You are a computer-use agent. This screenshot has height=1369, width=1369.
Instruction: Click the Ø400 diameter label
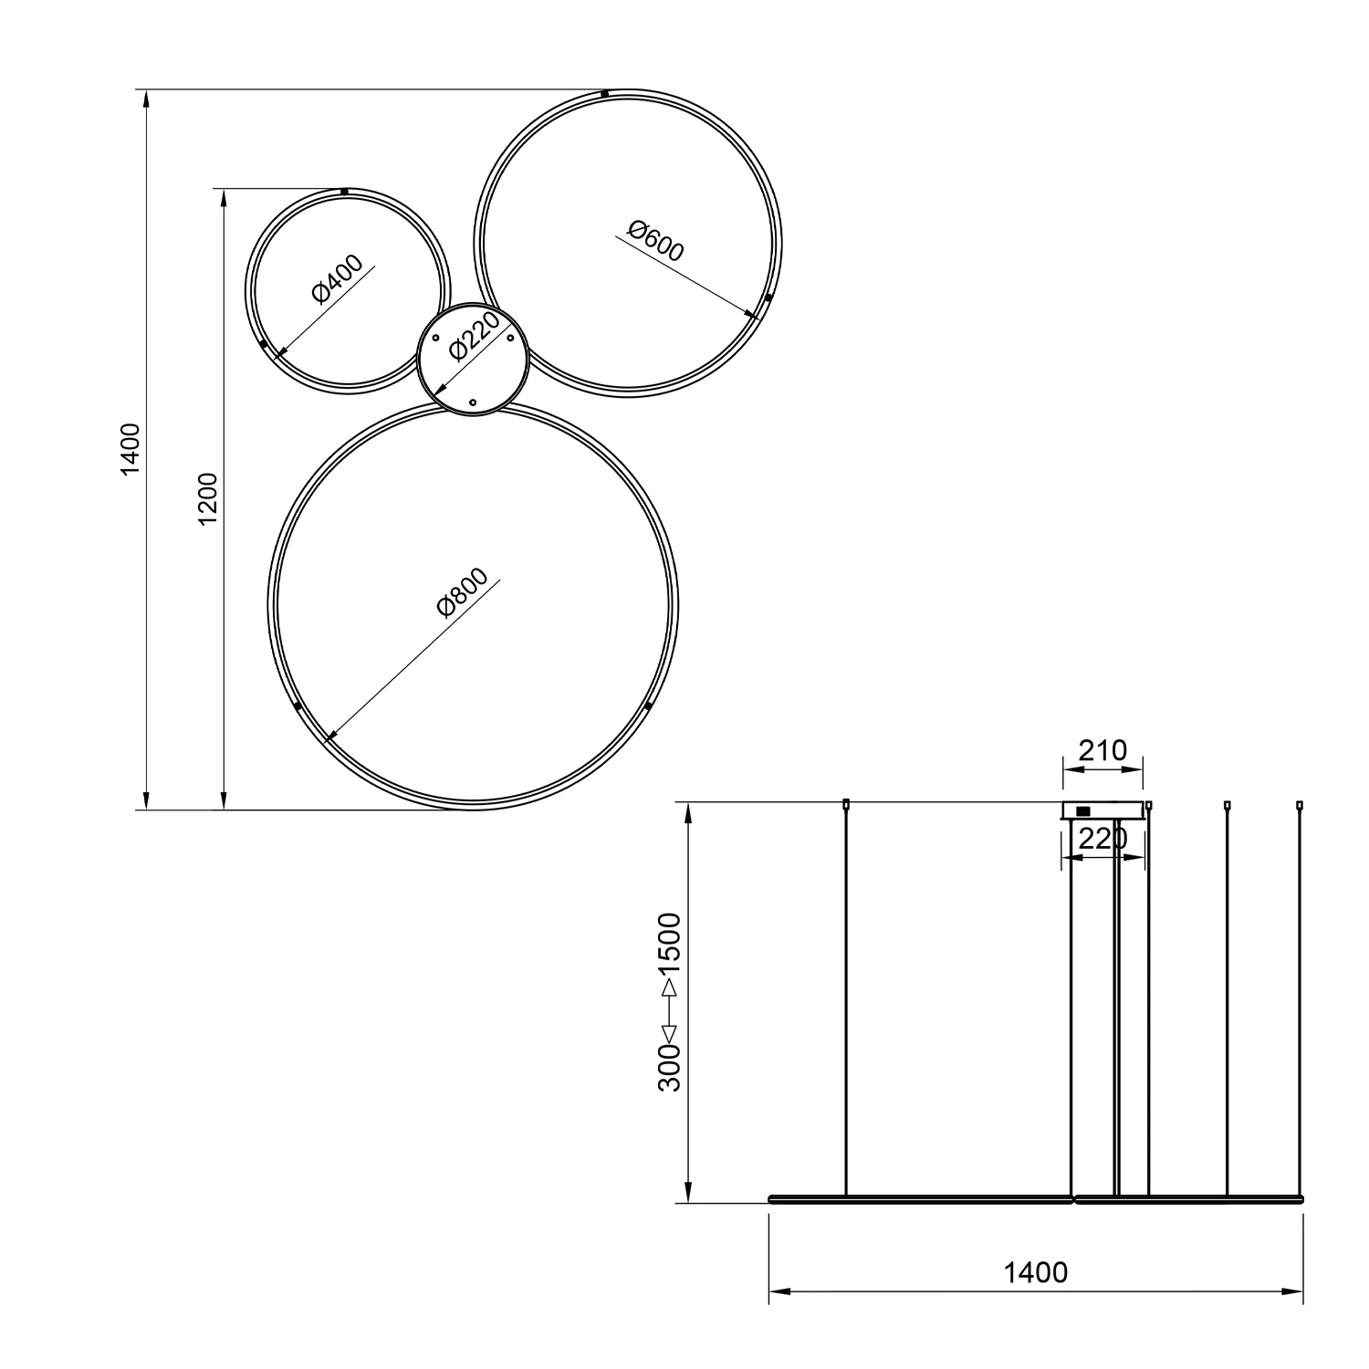coord(337,279)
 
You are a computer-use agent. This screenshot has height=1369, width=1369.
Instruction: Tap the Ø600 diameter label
coord(655,241)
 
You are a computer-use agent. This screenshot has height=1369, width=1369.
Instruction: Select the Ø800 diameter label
coord(463,593)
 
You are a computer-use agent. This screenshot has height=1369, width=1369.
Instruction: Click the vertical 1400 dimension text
coord(131,449)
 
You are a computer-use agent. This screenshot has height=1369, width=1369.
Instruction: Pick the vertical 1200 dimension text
coord(209,498)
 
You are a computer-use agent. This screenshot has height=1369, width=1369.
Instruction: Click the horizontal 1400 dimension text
coord(1035,1272)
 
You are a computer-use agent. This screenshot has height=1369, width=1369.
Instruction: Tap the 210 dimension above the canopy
coord(1103,750)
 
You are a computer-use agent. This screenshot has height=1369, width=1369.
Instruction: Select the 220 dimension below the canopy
coord(1103,838)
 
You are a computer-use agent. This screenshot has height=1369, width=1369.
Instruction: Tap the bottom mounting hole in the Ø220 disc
coord(472,402)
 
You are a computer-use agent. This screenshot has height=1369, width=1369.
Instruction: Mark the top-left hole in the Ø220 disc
coord(435,340)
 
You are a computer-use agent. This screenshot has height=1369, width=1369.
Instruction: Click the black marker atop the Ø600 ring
coord(604,93)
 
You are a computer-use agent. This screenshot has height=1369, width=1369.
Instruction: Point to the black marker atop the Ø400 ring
coord(343,192)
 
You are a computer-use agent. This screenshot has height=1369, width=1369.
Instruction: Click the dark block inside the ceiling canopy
coord(1083,810)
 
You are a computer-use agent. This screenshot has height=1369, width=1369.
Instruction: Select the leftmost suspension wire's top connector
coord(846,804)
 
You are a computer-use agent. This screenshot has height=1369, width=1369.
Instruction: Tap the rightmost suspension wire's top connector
coord(1299,804)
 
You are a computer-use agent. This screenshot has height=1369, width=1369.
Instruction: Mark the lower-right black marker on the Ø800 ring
coord(648,705)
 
